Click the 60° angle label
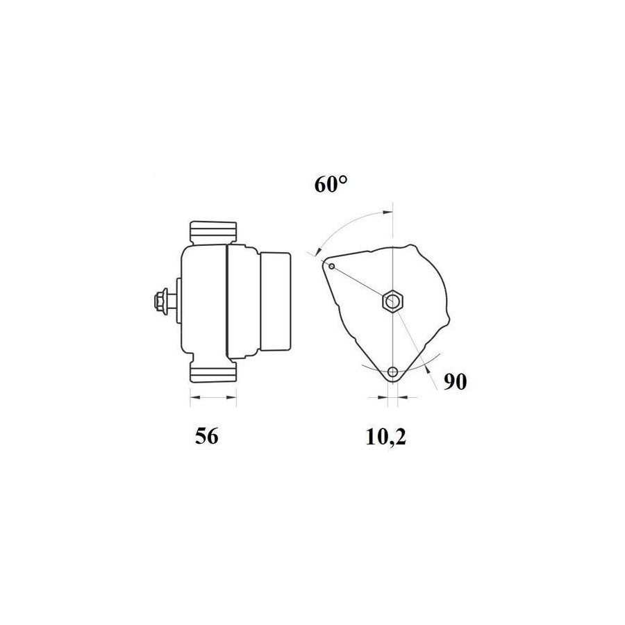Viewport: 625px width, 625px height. coord(331,185)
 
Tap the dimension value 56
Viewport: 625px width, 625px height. coord(207,436)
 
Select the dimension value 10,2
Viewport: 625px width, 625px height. coord(386,437)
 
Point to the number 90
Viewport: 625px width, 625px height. coord(455,382)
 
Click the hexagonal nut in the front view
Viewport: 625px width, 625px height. coord(393,301)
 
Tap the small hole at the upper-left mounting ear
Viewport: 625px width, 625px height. coord(332,266)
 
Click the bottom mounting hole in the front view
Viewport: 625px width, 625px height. coord(393,372)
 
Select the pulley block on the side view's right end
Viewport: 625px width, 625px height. coord(275,302)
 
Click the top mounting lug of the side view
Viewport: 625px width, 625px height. coord(213,233)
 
